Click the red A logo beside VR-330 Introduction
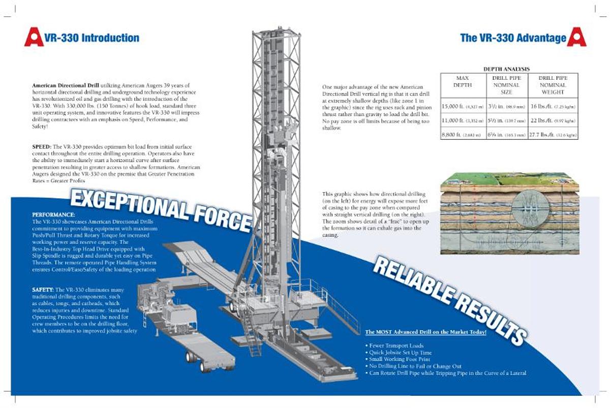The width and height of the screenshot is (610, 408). tap(34, 37)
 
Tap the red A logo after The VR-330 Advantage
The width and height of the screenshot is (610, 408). tap(576, 37)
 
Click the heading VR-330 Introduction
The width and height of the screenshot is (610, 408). tap(91, 38)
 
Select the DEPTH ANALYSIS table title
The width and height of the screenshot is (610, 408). tap(506, 69)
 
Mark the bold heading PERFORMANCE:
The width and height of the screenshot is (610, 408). tap(53, 215)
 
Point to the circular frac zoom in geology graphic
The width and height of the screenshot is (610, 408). tap(528, 208)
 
